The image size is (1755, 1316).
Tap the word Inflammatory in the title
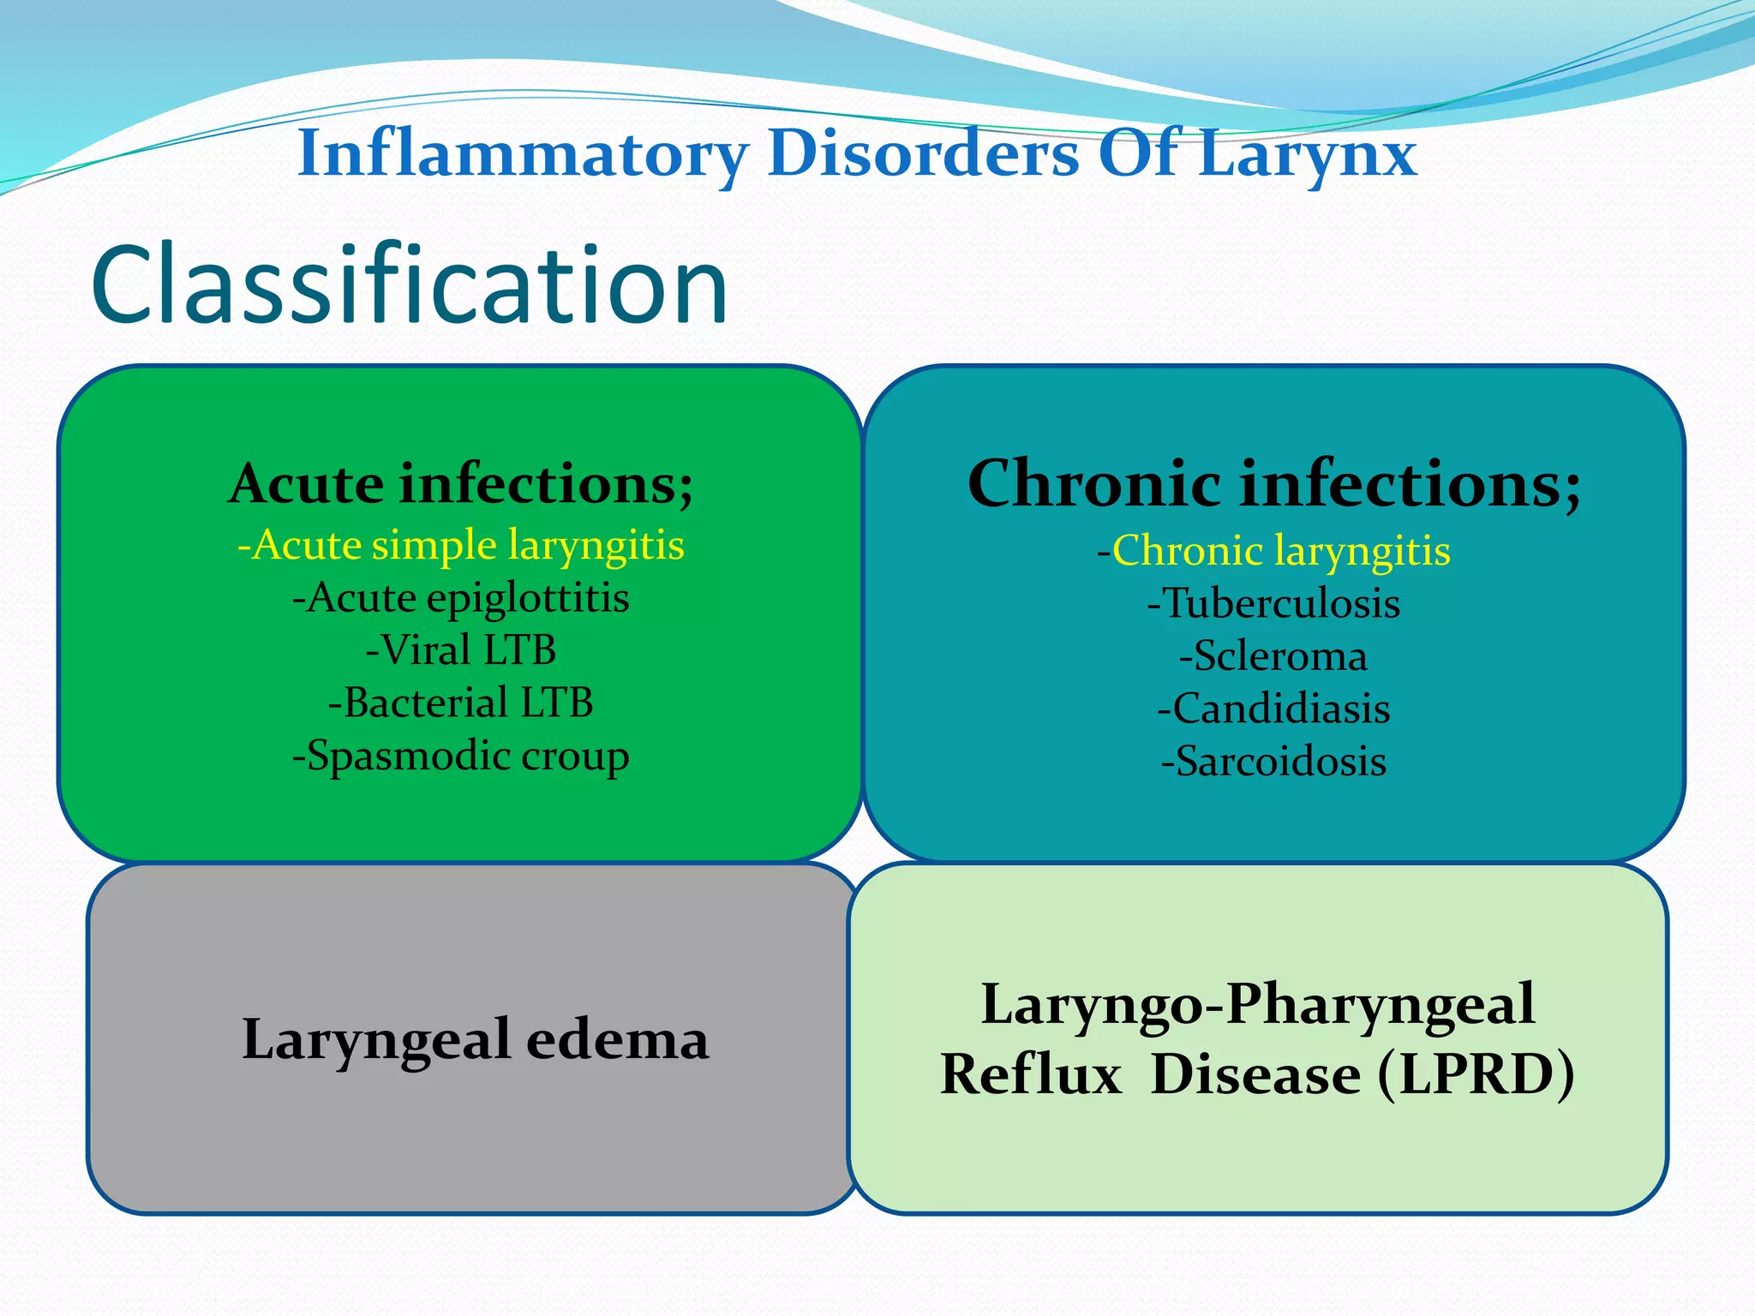pos(523,154)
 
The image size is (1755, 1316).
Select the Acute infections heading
pos(461,484)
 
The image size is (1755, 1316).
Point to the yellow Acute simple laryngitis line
pos(461,545)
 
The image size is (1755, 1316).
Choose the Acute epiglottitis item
pos(461,598)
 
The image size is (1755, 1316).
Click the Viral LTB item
pos(461,650)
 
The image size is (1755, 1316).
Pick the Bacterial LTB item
pos(461,703)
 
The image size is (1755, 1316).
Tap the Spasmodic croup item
pos(461,756)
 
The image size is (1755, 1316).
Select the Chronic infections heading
pos(1273,484)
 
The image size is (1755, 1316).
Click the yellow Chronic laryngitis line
pos(1273,550)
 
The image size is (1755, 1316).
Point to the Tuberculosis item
pos(1273,603)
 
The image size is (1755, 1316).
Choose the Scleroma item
pos(1273,656)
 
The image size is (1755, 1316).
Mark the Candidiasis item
pos(1273,709)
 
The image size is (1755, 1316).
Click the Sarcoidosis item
pos(1273,761)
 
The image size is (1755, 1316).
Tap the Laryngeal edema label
pos(476,1039)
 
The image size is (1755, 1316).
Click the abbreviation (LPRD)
pos(1476,1074)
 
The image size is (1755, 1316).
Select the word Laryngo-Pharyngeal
pos(1257,1004)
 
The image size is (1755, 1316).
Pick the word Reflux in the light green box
pos(1031,1074)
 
